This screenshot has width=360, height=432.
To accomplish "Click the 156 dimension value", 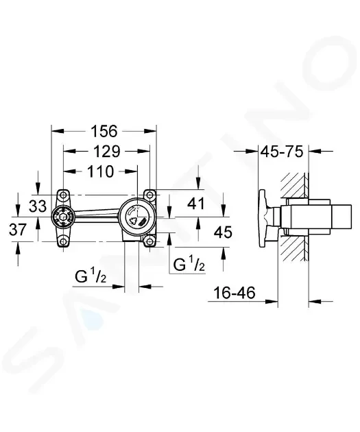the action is tap(104, 131).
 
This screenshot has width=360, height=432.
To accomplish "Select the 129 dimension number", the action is tap(106, 152).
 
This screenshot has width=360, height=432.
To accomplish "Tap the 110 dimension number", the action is tap(100, 171).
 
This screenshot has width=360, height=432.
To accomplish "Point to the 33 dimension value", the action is tap(38, 206).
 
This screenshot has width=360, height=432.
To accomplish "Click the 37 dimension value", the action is tap(18, 230).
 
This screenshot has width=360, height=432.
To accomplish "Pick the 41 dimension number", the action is tap(196, 204).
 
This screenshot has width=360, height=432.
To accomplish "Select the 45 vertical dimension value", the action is tap(223, 232).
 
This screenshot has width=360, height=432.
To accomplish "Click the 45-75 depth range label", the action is tap(282, 152).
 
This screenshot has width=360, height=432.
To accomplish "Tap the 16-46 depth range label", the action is tap(235, 293).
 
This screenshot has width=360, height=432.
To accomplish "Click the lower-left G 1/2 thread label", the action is tap(91, 276).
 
